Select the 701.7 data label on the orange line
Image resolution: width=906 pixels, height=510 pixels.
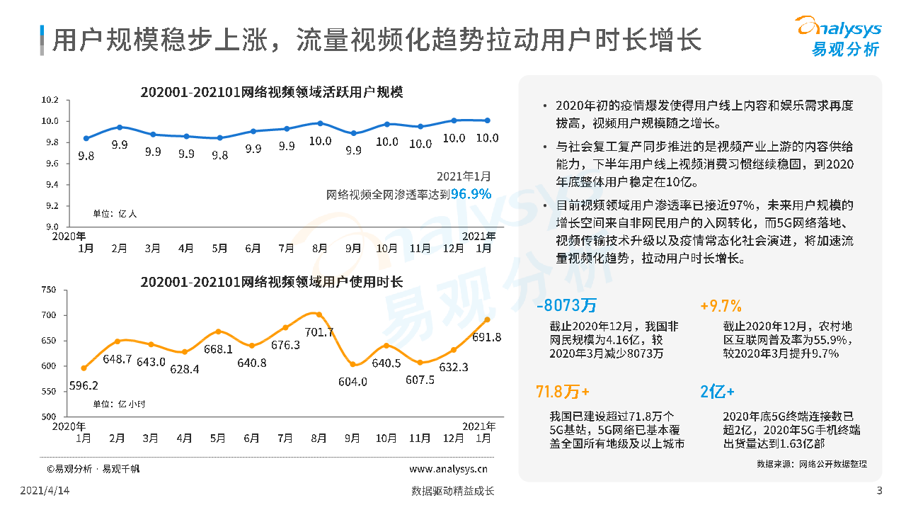pyautogui.click(x=319, y=332)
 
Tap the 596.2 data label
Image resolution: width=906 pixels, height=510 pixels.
pyautogui.click(x=84, y=385)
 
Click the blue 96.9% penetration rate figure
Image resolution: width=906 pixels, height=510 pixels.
pyautogui.click(x=471, y=193)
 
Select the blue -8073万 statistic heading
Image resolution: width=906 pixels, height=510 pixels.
pyautogui.click(x=567, y=305)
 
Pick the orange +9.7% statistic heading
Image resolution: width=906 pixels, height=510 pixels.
pyautogui.click(x=721, y=305)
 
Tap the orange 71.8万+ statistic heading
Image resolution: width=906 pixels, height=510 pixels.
pyautogui.click(x=563, y=392)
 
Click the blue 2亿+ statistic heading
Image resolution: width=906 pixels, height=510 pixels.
pyautogui.click(x=717, y=392)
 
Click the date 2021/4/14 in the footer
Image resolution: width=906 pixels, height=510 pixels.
pyautogui.click(x=45, y=491)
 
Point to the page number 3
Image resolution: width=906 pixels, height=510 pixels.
pyautogui.click(x=879, y=491)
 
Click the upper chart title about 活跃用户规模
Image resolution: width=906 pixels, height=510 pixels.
pyautogui.click(x=272, y=91)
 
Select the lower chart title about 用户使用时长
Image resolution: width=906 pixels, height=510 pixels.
pyautogui.click(x=272, y=281)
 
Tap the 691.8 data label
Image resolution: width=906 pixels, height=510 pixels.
pyautogui.click(x=487, y=338)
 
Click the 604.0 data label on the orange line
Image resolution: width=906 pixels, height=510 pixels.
pyautogui.click(x=353, y=381)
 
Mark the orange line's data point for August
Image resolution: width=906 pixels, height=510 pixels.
pyautogui.click(x=319, y=314)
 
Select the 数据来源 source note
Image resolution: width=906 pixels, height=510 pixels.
pyautogui.click(x=811, y=464)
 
